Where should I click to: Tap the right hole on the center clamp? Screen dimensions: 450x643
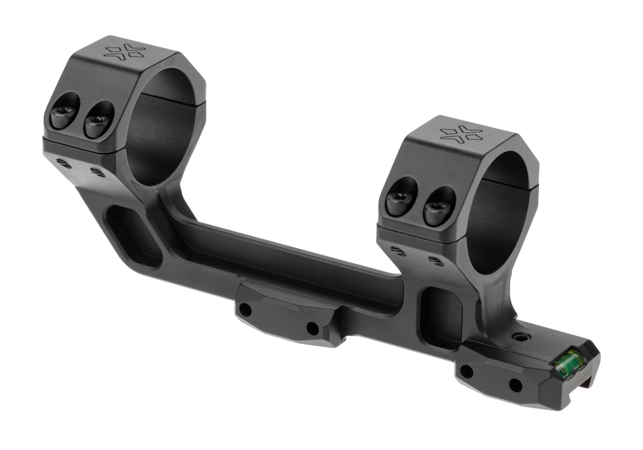coord(313,328)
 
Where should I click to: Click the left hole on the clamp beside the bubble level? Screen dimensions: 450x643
coord(468,371)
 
